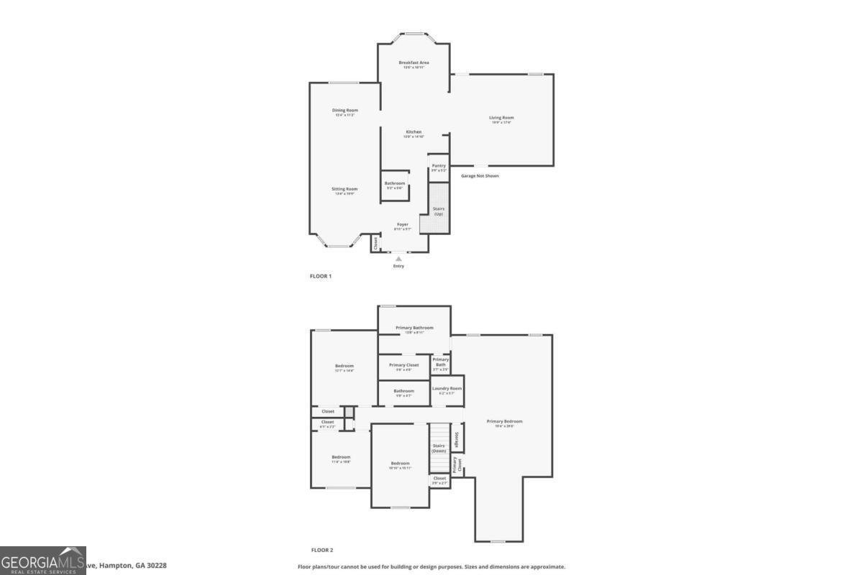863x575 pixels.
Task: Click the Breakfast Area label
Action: click(x=414, y=64)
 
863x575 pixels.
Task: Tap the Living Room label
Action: click(x=501, y=119)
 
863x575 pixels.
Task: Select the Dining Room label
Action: click(x=344, y=112)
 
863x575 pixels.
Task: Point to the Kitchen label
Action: click(x=414, y=134)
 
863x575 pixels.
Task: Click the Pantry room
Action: click(x=439, y=167)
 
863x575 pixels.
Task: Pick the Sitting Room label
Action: click(x=344, y=190)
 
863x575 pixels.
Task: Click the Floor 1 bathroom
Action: click(x=395, y=185)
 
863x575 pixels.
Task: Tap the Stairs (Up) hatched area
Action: click(x=435, y=208)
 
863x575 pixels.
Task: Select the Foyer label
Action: click(x=403, y=226)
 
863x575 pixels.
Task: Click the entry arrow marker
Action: click(x=398, y=258)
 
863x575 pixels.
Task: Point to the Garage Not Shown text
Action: click(x=480, y=175)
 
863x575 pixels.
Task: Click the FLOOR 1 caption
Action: click(x=320, y=276)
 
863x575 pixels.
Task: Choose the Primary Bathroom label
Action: click(x=414, y=329)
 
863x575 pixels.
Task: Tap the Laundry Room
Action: click(x=447, y=390)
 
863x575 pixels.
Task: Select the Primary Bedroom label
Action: click(x=504, y=423)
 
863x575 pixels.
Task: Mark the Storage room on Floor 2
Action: click(x=457, y=438)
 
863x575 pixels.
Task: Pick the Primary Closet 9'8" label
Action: click(x=403, y=367)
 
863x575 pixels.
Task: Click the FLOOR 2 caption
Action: click(x=321, y=550)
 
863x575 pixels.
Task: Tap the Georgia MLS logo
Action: click(x=43, y=561)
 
